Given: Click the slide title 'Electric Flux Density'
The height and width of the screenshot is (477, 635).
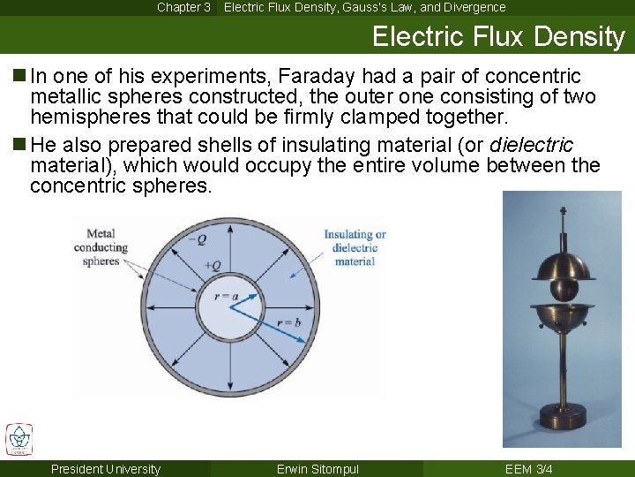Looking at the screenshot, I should [x=497, y=36].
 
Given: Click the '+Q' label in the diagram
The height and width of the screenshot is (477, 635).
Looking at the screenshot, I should [x=213, y=265].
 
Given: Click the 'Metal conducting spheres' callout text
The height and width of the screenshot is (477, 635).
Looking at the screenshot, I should [x=101, y=247].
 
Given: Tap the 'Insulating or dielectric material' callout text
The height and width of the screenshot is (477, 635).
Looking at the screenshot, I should [x=355, y=247].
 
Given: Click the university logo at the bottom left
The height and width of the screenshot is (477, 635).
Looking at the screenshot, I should [x=19, y=439].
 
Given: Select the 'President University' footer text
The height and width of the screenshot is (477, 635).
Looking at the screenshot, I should [x=106, y=469].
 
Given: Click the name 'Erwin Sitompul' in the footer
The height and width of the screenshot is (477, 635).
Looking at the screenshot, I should [x=317, y=469].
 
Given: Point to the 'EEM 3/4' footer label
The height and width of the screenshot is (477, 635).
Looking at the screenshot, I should [x=529, y=469].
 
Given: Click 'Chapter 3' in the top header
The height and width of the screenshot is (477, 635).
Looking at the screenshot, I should [x=183, y=7].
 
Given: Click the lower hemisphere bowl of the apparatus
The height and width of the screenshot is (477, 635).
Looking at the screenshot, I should [x=563, y=315].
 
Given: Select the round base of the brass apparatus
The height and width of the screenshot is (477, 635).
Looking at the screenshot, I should [x=562, y=432].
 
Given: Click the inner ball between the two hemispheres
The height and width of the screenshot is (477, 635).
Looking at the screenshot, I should [x=563, y=289].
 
